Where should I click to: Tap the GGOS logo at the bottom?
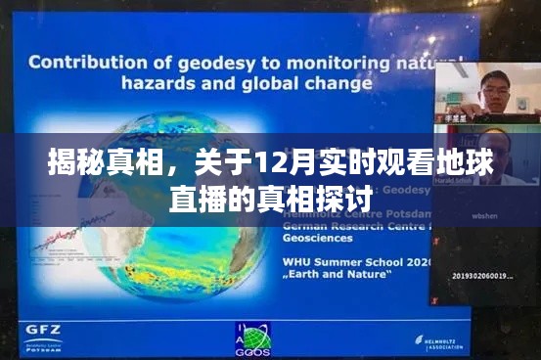click(253, 337)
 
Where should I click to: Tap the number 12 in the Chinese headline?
click(269, 161)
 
